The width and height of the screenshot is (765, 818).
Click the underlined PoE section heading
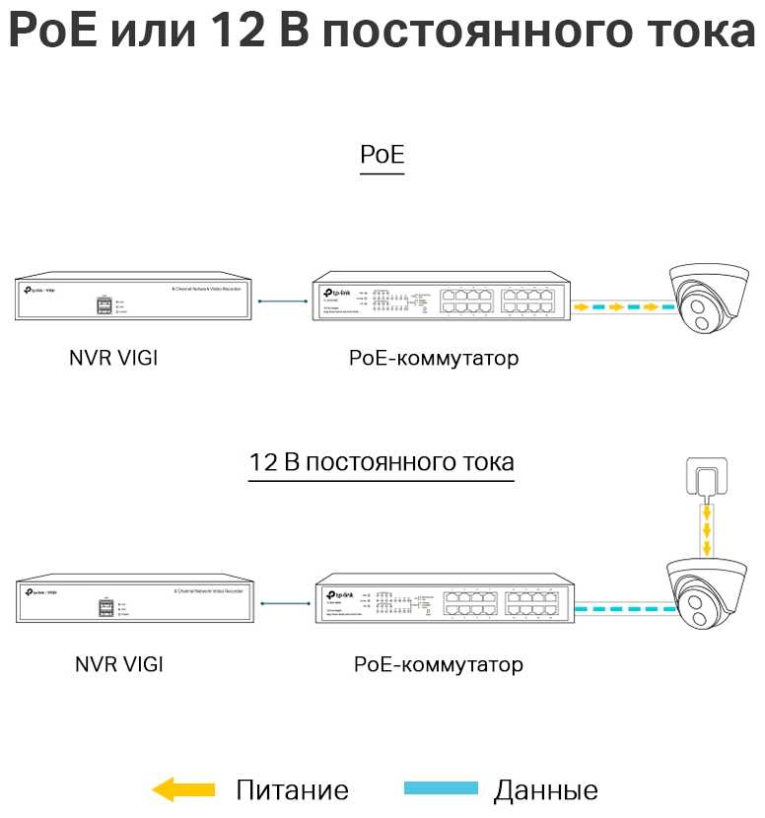pyautogui.click(x=382, y=156)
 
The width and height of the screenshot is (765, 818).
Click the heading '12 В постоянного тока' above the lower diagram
pyautogui.click(x=382, y=462)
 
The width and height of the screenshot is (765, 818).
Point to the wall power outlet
pyautogui.click(x=702, y=480)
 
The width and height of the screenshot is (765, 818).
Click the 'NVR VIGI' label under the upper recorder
pyautogui.click(x=112, y=358)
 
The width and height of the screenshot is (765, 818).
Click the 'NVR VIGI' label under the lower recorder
pyautogui.click(x=118, y=664)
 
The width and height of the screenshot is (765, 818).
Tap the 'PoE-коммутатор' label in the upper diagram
pyautogui.click(x=434, y=358)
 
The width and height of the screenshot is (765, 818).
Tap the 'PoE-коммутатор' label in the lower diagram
pyautogui.click(x=439, y=664)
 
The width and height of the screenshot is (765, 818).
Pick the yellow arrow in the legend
pyautogui.click(x=183, y=788)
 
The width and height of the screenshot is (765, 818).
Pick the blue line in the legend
pyautogui.click(x=441, y=788)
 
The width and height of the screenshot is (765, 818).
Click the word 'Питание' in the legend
pyautogui.click(x=292, y=789)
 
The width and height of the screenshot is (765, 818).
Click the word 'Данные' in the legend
pyautogui.click(x=545, y=789)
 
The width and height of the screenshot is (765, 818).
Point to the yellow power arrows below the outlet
pyautogui.click(x=706, y=530)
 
